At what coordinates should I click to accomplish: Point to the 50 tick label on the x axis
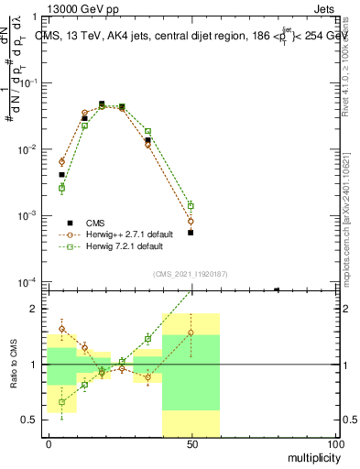pyautogui.click(x=191, y=444)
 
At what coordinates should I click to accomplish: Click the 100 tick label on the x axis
pyautogui.click(x=334, y=444)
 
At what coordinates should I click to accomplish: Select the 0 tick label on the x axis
pyautogui.click(x=49, y=444)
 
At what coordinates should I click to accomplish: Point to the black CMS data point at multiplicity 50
pyautogui.click(x=191, y=233)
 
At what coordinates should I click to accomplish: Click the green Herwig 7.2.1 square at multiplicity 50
pyautogui.click(x=191, y=206)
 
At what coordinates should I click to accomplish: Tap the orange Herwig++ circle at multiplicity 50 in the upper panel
pyautogui.click(x=191, y=222)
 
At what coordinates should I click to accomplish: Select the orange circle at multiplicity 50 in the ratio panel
pyautogui.click(x=191, y=333)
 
